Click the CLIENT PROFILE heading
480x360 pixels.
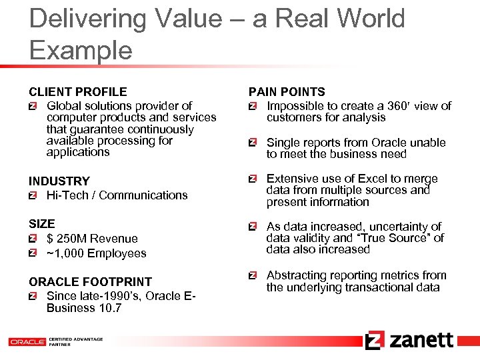pos(77,92)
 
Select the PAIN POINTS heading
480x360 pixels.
pos(287,92)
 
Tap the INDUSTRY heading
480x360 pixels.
pos(59,181)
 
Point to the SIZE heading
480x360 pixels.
pos(41,224)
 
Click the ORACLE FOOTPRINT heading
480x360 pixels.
pos(90,282)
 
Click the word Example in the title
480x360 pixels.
pos(81,51)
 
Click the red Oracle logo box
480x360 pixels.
pos(27,341)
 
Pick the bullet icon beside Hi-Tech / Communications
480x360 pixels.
pos(33,195)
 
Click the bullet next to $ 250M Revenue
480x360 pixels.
pos(33,239)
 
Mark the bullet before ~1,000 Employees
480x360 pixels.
pos(33,253)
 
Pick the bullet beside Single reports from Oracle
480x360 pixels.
pos(252,143)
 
